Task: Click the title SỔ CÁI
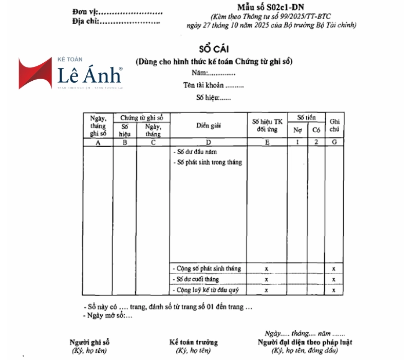[x=214, y=49]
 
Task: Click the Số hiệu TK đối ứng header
[x=267, y=125]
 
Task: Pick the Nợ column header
[x=297, y=130]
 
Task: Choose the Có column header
[x=315, y=130]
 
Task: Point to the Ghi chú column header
[x=334, y=125]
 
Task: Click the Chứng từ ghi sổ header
[x=141, y=117]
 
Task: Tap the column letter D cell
[x=208, y=142]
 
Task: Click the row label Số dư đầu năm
[x=195, y=153]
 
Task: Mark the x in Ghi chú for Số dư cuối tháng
[x=334, y=280]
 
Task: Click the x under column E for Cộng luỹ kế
[x=266, y=291]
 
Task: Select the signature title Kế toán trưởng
[x=194, y=342]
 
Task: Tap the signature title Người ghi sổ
[x=90, y=342]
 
